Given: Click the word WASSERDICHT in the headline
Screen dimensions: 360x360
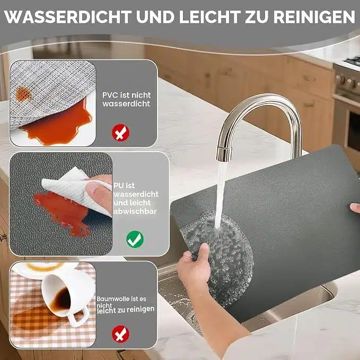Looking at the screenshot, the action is [x=68, y=17].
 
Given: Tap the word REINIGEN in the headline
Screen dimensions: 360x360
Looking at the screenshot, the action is [x=314, y=17].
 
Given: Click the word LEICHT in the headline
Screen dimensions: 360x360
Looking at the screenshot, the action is [x=210, y=17].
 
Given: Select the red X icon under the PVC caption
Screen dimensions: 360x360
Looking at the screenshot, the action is [x=120, y=133].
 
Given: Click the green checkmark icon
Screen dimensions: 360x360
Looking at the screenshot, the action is [x=135, y=239].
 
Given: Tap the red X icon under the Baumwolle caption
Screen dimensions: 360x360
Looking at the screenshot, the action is [x=120, y=334].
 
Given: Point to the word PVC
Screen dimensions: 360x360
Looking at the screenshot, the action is [x=110, y=95].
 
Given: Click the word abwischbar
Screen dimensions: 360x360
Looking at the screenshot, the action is [x=135, y=211].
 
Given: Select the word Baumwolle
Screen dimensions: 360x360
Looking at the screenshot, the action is [x=111, y=299].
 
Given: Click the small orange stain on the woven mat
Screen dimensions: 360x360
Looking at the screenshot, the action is [x=22, y=94].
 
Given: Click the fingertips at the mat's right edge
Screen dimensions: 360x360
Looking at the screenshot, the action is [x=355, y=208].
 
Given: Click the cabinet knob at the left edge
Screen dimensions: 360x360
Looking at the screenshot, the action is [x=3, y=238].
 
